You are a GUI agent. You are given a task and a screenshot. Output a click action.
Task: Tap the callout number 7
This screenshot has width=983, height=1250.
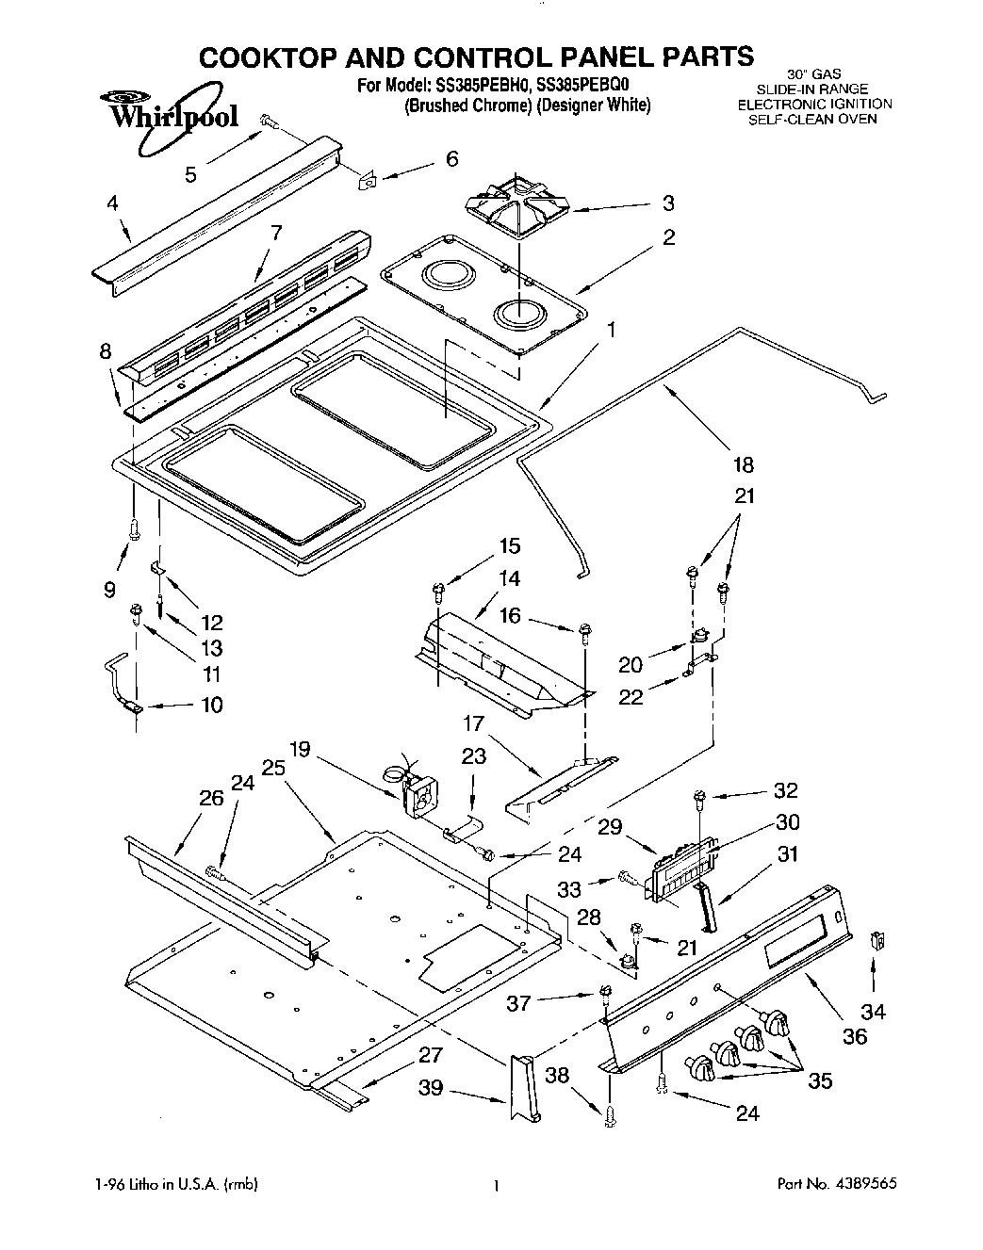[276, 233]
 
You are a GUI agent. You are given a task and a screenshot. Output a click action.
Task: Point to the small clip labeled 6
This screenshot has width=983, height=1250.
[369, 179]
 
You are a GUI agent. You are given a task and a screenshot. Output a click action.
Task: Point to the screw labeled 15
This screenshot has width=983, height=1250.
[438, 592]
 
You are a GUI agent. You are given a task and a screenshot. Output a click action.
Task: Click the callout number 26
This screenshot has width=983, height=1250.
[210, 799]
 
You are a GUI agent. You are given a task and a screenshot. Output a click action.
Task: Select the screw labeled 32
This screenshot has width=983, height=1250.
[698, 798]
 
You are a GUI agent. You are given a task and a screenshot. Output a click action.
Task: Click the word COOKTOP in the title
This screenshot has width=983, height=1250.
[274, 57]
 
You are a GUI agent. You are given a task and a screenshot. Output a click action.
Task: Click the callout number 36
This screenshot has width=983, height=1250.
[854, 1037]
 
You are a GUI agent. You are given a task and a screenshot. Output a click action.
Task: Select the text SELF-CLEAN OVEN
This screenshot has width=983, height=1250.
[812, 119]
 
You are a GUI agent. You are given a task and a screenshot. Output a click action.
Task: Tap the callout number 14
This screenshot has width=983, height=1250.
[509, 578]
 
